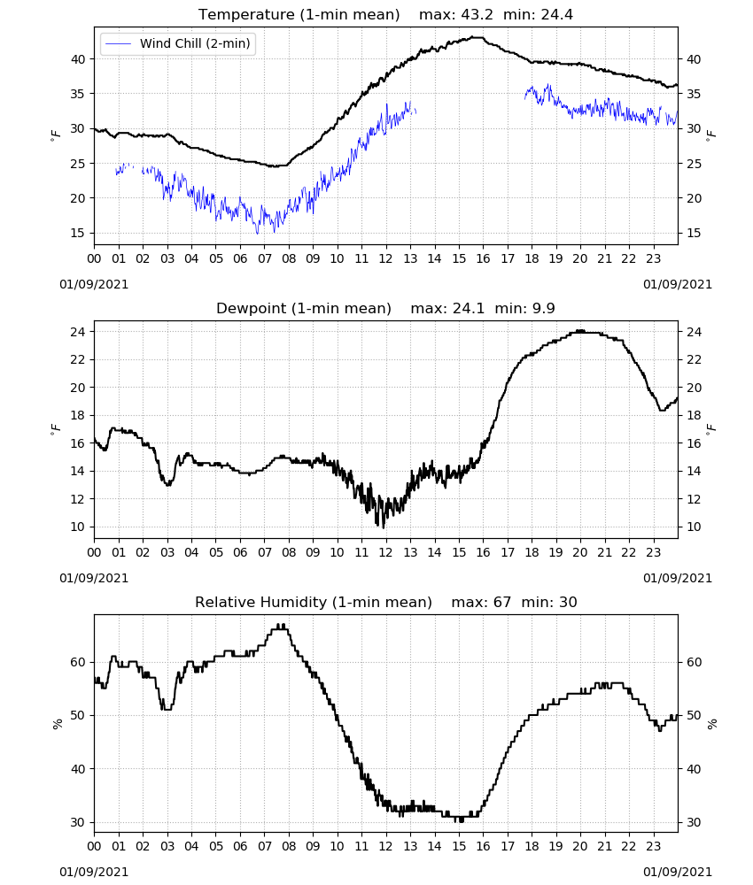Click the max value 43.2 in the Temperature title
coord(477,15)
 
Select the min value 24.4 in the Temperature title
coord(557,15)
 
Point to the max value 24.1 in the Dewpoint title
coord(469,309)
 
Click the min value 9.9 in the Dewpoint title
coord(543,309)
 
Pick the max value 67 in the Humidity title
coord(502,602)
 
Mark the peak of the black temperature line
coord(478,37)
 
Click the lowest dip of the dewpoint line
coord(384,527)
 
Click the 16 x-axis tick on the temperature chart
coord(483,259)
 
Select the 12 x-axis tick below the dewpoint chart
coord(386,552)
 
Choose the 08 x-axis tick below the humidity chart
coord(289,846)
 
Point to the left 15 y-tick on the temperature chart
coord(77,233)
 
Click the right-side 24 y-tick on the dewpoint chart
coord(695,332)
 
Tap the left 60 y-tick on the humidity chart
coord(77,662)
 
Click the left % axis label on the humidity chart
coord(57,724)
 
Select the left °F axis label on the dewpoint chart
coord(55,429)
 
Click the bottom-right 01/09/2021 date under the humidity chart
coord(678,872)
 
